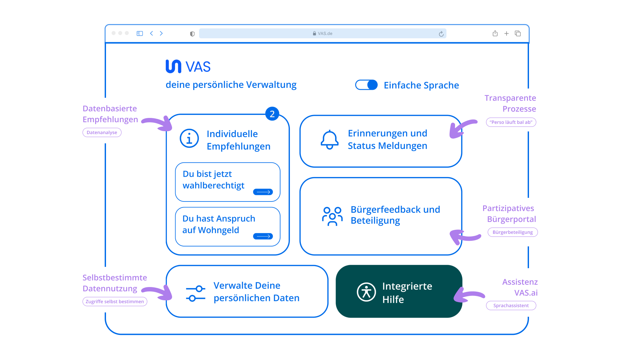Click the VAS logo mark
(173, 66)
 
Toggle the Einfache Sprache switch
(366, 85)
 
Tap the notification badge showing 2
(272, 114)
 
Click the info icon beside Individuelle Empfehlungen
(189, 138)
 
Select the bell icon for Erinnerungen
(330, 140)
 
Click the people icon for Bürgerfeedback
(332, 216)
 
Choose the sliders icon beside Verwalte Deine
(195, 294)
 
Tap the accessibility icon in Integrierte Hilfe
(366, 292)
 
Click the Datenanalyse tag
(102, 132)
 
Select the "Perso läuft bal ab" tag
(511, 122)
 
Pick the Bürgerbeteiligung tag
(512, 232)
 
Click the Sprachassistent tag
(511, 306)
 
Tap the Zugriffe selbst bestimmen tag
(115, 302)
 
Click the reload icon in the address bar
(441, 34)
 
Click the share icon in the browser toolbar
(495, 33)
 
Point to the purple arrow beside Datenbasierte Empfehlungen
(158, 123)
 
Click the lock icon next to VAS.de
(314, 34)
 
